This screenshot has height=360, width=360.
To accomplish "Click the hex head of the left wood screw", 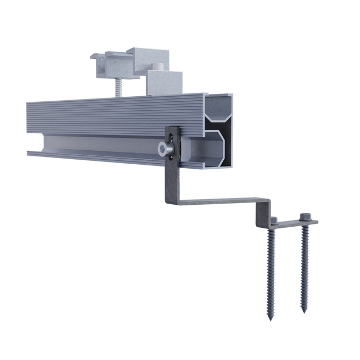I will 273,219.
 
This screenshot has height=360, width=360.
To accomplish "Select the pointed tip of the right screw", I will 304,310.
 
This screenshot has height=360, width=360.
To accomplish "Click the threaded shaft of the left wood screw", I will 272,270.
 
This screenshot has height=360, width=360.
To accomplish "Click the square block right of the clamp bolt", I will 165,83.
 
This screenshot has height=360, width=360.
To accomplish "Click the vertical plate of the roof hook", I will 172,174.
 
